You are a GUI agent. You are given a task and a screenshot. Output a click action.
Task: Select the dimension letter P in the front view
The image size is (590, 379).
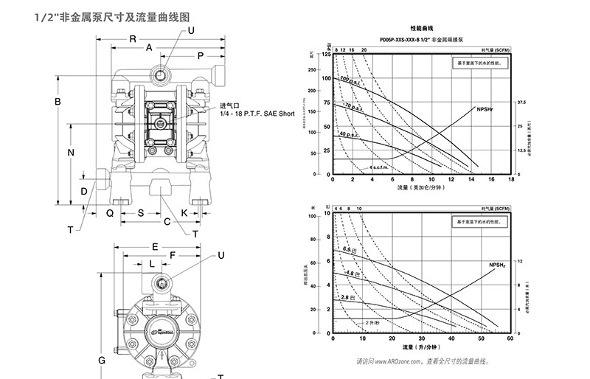coord(200,56)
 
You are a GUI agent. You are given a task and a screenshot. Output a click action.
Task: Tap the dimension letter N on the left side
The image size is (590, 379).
coord(72,153)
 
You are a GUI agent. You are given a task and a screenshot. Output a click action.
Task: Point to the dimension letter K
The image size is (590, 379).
coord(184,212)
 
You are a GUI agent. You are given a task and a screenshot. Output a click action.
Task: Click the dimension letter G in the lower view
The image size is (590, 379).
coord(102,360)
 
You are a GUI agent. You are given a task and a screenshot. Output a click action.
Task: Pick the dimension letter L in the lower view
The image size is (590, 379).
coord(152,262)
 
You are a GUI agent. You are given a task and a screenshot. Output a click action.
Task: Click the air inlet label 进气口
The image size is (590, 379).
coord(229,105)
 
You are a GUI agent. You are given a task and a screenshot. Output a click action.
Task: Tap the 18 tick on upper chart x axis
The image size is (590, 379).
coord(510,180)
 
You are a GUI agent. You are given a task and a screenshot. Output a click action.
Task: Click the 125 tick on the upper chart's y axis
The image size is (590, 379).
coord(326,55)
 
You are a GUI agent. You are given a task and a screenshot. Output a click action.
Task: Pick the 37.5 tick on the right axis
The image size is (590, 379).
coord(521,102)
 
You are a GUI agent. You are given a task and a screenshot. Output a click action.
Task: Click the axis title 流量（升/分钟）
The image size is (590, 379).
coord(420,346)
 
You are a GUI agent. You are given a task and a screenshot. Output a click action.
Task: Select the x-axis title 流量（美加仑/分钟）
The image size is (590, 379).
coord(421,188)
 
